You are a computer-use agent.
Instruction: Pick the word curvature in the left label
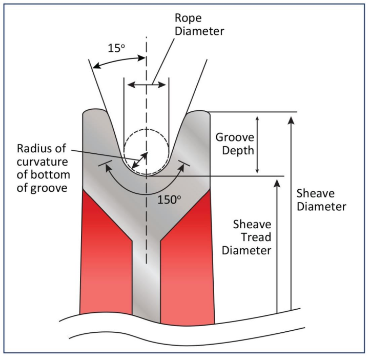(46, 162)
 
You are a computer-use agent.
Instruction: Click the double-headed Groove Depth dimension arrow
(258, 144)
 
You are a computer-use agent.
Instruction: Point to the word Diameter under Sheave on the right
(321, 206)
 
